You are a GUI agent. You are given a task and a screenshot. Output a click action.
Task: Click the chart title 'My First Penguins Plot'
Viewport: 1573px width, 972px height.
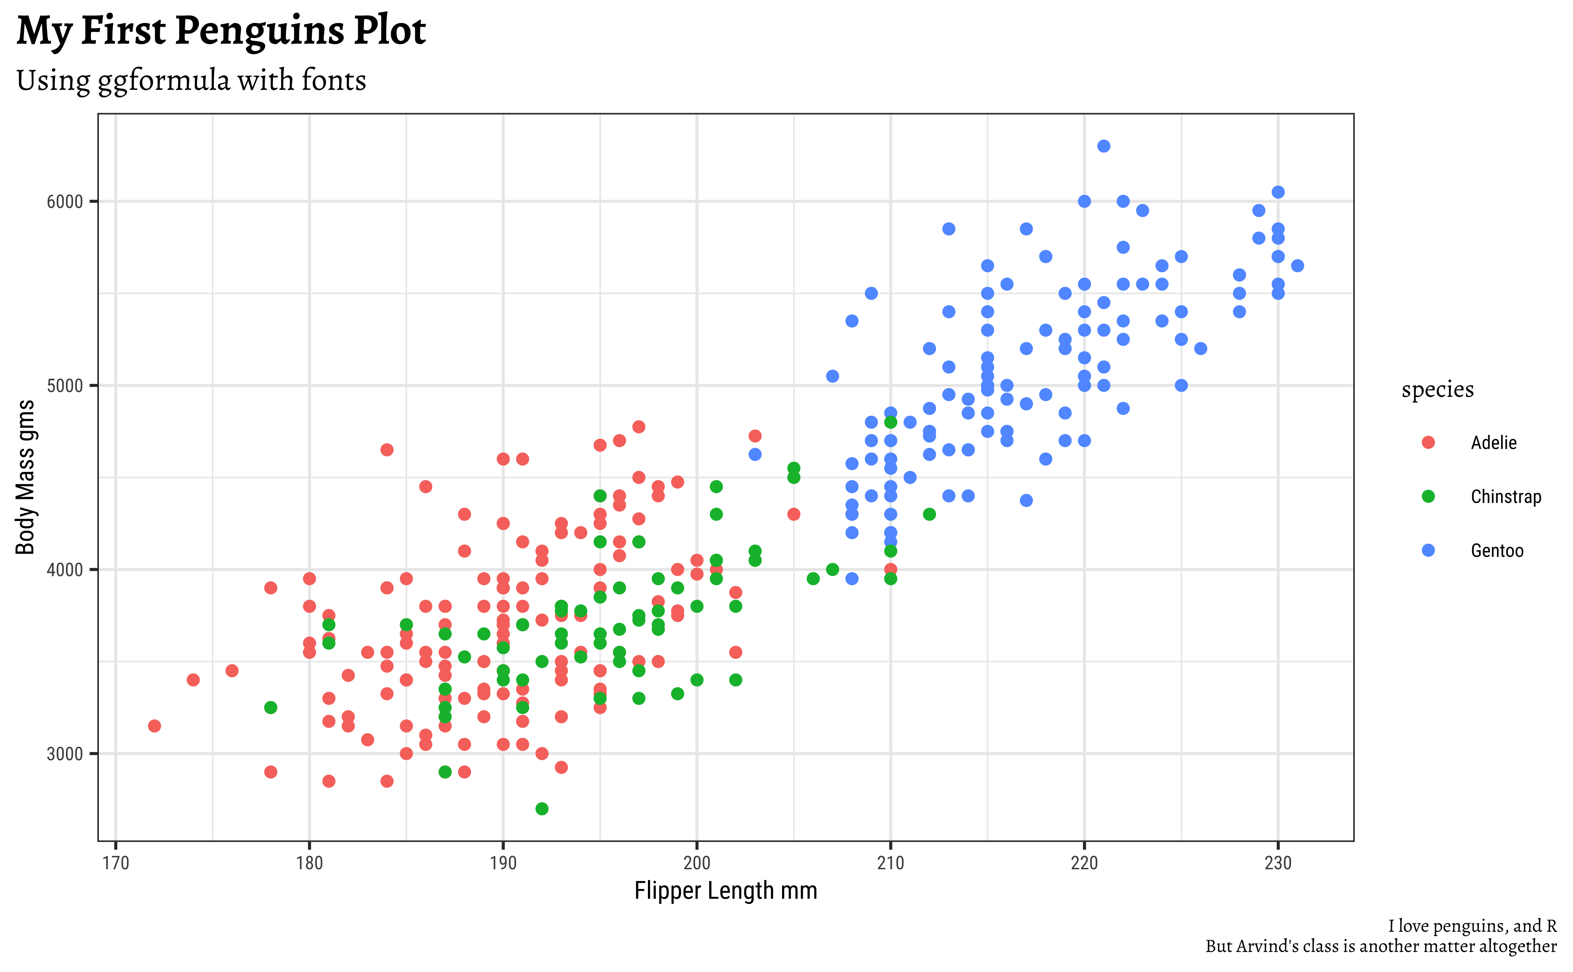221,31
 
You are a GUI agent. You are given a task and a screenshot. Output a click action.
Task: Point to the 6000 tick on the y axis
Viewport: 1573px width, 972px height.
65,202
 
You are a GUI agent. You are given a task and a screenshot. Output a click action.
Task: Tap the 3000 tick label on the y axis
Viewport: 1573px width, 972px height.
65,754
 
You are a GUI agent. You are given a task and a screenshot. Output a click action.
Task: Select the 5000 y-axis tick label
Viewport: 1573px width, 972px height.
65,386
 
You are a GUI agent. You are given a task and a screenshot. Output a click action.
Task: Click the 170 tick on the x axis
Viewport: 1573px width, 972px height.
116,863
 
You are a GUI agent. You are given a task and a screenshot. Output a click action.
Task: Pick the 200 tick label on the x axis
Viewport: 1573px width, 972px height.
697,863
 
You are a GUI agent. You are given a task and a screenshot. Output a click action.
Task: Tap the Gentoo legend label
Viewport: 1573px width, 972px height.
1497,551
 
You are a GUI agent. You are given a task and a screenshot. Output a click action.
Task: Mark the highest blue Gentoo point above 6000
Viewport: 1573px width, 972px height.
1104,146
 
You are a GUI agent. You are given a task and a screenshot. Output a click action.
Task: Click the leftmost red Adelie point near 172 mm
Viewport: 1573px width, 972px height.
154,726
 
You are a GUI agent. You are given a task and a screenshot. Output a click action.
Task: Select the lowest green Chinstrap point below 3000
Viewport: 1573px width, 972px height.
542,809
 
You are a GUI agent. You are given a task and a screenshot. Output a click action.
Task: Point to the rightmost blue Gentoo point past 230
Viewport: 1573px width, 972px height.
1297,266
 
